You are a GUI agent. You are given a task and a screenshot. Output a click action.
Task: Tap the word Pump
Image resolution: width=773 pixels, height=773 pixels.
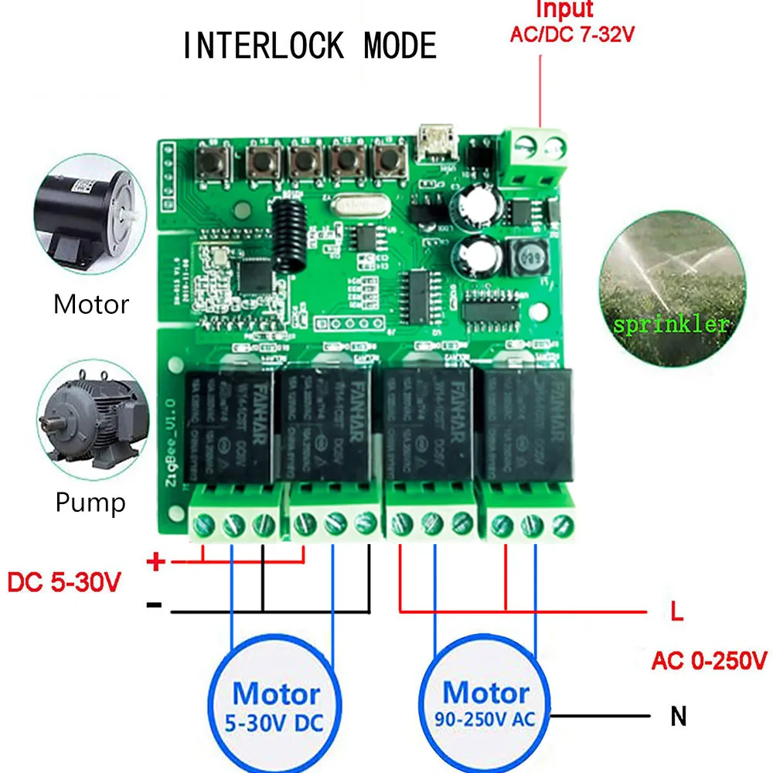(90, 503)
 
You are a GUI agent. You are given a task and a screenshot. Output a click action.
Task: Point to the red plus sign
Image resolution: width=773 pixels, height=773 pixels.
(156, 562)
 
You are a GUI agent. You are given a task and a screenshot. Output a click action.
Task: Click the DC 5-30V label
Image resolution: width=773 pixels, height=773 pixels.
(64, 581)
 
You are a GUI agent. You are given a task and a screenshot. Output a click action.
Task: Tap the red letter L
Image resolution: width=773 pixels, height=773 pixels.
(677, 615)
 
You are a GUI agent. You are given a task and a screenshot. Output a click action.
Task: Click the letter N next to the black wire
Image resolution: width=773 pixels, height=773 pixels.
(679, 717)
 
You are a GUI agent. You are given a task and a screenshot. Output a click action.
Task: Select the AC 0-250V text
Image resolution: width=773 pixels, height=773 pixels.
(709, 661)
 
